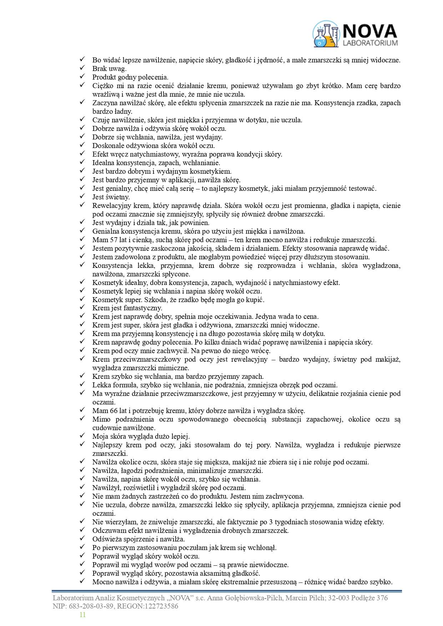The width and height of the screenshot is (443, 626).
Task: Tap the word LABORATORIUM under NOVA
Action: point(370,43)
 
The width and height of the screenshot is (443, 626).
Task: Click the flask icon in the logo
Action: point(326,35)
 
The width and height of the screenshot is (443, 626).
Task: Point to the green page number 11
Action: point(82,615)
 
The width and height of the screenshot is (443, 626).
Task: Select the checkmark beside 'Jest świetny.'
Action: point(82,197)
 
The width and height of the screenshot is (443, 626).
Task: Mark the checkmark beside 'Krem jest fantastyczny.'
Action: point(82,307)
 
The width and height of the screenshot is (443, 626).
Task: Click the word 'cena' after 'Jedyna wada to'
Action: point(311,316)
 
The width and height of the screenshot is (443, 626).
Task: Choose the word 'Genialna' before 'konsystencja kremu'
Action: point(105,231)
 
